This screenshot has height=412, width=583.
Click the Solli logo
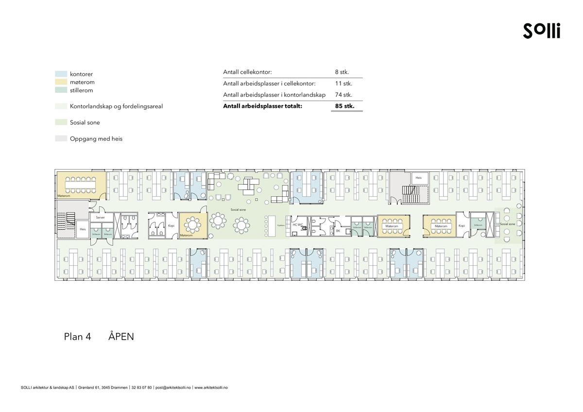(x=541, y=31)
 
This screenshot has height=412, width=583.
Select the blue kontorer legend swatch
(x=61, y=74)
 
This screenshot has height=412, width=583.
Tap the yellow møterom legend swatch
(x=61, y=82)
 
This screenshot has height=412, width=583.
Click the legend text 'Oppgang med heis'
(x=96, y=139)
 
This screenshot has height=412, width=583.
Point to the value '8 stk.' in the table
(x=342, y=72)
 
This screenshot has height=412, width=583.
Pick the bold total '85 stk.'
(x=344, y=106)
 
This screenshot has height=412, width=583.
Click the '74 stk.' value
(x=343, y=95)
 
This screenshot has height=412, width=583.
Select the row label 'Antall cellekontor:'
(x=247, y=72)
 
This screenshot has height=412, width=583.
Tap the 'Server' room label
(x=101, y=218)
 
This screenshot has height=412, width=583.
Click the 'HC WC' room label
(x=298, y=225)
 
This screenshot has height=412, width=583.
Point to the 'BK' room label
(x=338, y=231)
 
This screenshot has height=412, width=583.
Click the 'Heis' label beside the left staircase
(x=83, y=229)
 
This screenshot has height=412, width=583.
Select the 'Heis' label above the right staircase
(x=418, y=178)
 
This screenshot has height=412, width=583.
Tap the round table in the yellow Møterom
(x=194, y=224)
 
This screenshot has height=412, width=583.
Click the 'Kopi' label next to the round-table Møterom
(x=171, y=226)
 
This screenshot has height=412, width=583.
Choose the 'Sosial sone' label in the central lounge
(x=238, y=209)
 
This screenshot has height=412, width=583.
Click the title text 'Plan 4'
(x=77, y=337)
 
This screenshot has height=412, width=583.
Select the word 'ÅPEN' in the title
(x=121, y=337)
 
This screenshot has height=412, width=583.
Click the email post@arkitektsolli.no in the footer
(x=173, y=388)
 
